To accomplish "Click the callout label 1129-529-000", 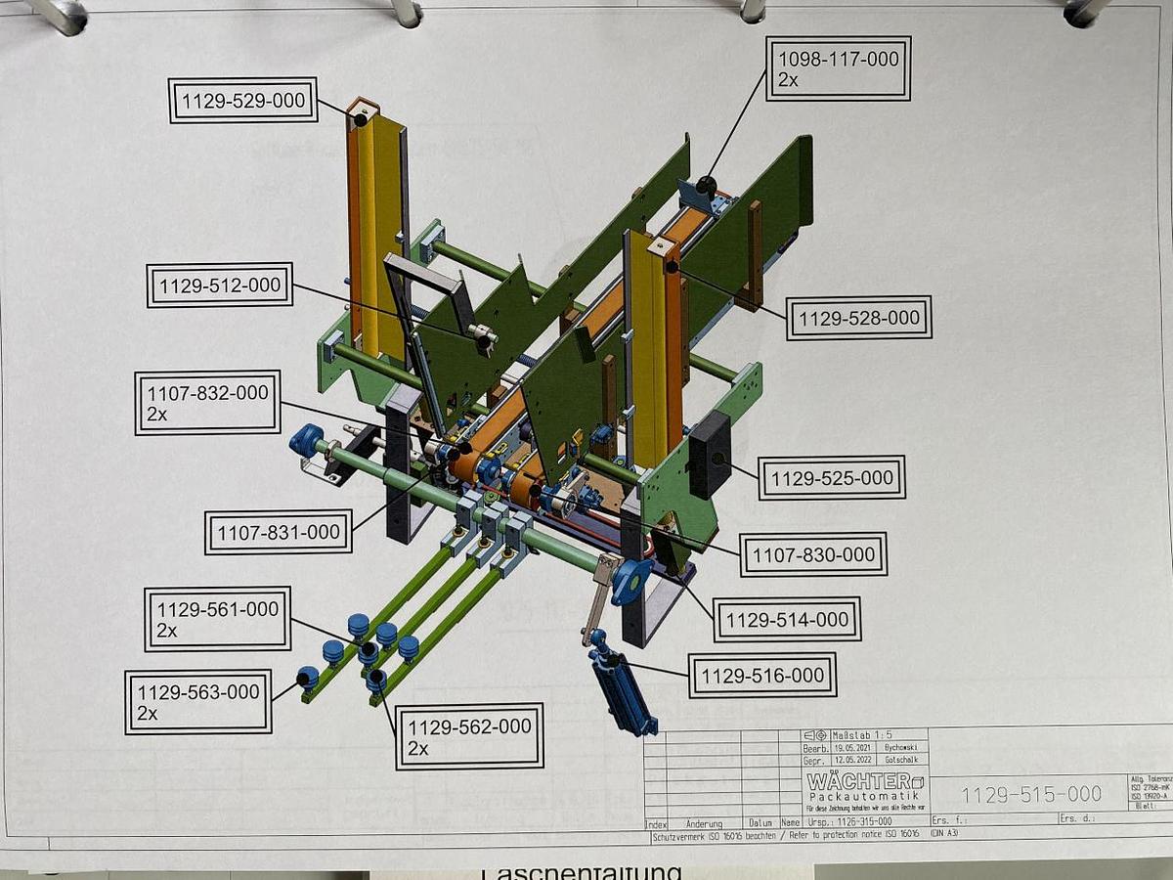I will tap(242, 101).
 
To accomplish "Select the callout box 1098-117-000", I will tap(838, 68).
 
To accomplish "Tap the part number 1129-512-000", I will tap(220, 286).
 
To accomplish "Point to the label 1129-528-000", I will tap(859, 318).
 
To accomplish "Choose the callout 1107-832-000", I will tap(207, 402).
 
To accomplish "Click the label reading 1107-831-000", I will tap(279, 533).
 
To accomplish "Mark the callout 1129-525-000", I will tap(832, 478).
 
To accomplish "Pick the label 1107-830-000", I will tap(813, 554).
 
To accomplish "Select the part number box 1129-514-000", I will tap(787, 619).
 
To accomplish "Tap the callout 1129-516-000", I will tap(762, 676).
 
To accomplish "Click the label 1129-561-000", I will tap(217, 619).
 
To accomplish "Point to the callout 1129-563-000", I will tap(198, 702).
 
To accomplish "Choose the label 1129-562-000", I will tap(469, 736).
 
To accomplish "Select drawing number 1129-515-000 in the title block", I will tap(1030, 794).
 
